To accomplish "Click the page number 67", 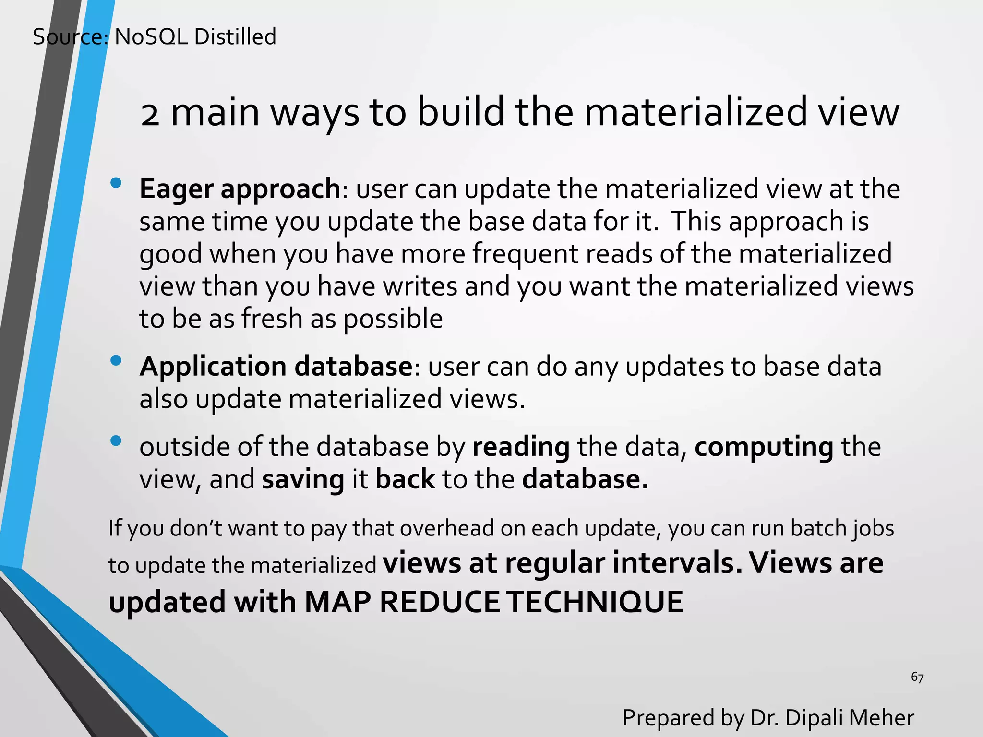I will coord(917,678).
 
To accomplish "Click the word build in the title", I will coord(460,112).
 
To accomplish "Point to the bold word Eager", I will coord(176,189).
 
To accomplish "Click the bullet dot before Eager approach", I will coord(116,183).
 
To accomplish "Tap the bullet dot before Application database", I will coord(116,360).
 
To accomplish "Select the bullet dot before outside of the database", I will coord(116,440).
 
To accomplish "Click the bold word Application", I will coord(213,367).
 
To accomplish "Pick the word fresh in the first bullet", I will coord(272,319).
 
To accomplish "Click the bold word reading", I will coord(521,448).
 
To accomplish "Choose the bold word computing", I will coord(764,448).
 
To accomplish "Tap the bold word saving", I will coord(303,480).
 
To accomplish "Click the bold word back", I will coord(405,480).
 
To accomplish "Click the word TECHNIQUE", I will coord(595,602).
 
